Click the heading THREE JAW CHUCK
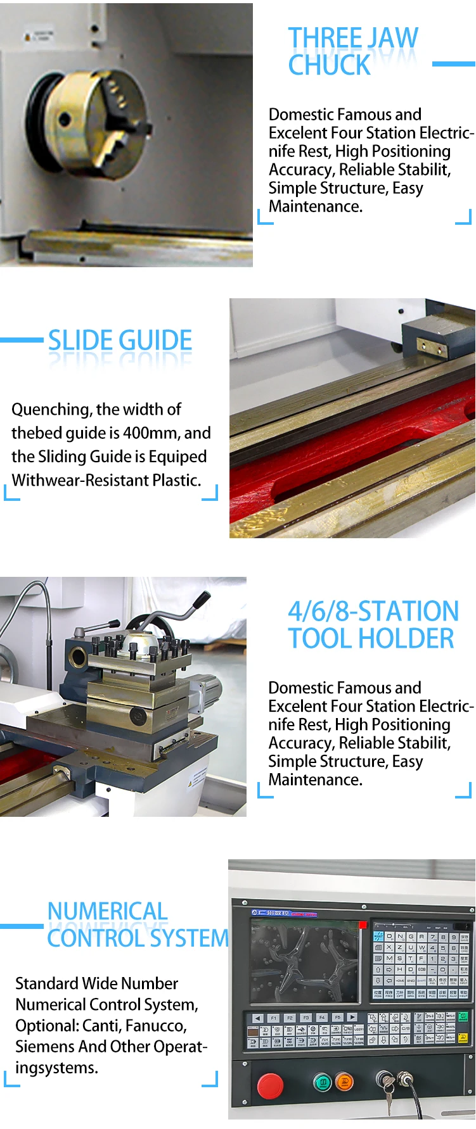(352, 51)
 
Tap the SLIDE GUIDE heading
(120, 341)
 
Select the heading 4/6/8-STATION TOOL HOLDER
(373, 625)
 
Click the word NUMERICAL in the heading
(107, 911)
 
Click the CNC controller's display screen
(305, 961)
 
